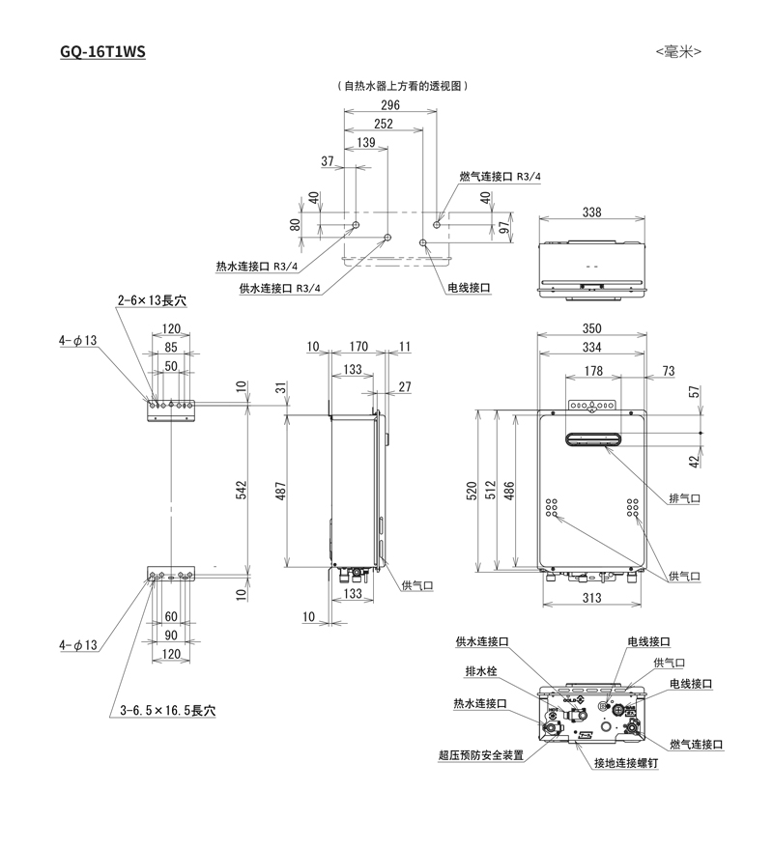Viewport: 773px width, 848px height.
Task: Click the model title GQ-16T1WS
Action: [101, 51]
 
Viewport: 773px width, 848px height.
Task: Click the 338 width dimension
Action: [592, 212]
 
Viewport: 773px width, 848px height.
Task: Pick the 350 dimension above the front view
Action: [592, 329]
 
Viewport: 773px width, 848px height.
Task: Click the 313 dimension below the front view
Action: [592, 598]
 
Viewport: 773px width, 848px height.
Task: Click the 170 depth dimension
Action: [358, 346]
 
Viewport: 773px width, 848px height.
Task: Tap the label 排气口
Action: [684, 498]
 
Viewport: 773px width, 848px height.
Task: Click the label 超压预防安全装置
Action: [480, 755]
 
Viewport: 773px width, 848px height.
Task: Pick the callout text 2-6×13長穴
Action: [152, 301]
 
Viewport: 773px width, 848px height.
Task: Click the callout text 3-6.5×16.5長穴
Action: [168, 710]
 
